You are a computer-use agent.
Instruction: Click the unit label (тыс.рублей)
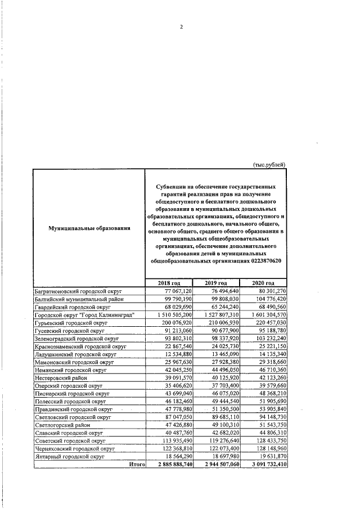coord(268,164)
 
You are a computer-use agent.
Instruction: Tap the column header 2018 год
coord(168,282)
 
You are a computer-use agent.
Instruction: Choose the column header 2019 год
coord(216,282)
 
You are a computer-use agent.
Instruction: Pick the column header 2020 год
coord(263,282)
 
